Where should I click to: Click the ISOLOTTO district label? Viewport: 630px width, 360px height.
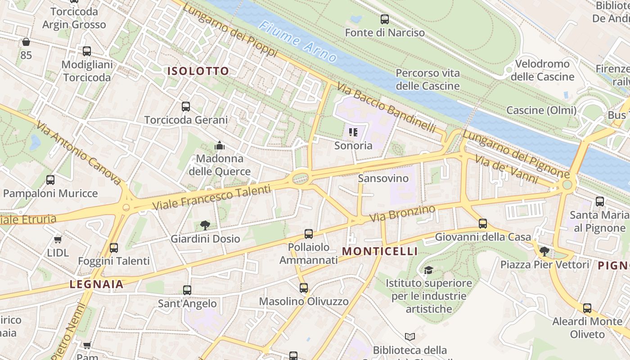(198, 71)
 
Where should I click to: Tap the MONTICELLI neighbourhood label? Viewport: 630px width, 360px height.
(380, 252)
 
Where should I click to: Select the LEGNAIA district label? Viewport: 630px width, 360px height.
(96, 284)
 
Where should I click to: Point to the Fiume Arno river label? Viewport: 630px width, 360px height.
(297, 41)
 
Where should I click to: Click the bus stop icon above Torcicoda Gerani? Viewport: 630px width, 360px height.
(186, 107)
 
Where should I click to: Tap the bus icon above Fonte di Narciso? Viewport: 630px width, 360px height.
(385, 19)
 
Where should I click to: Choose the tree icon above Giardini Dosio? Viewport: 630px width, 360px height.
(205, 225)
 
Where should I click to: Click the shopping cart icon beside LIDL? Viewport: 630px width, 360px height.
(58, 239)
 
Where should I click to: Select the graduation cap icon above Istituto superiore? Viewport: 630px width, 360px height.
(428, 270)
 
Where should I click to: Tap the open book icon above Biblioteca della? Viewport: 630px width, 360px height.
(410, 337)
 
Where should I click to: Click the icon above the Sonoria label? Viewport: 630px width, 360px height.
(353, 132)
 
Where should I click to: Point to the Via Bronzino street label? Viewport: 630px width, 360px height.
(402, 213)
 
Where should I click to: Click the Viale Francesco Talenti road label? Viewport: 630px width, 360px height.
(212, 197)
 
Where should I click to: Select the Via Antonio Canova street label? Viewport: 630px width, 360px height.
(78, 153)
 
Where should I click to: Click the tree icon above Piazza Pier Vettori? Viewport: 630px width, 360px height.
(544, 251)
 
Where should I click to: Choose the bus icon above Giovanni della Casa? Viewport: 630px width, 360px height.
(483, 223)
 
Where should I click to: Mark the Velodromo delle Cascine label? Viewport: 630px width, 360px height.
(542, 70)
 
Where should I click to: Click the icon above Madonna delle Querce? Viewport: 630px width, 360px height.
(220, 145)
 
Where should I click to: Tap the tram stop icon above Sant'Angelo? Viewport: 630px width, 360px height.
(187, 290)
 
